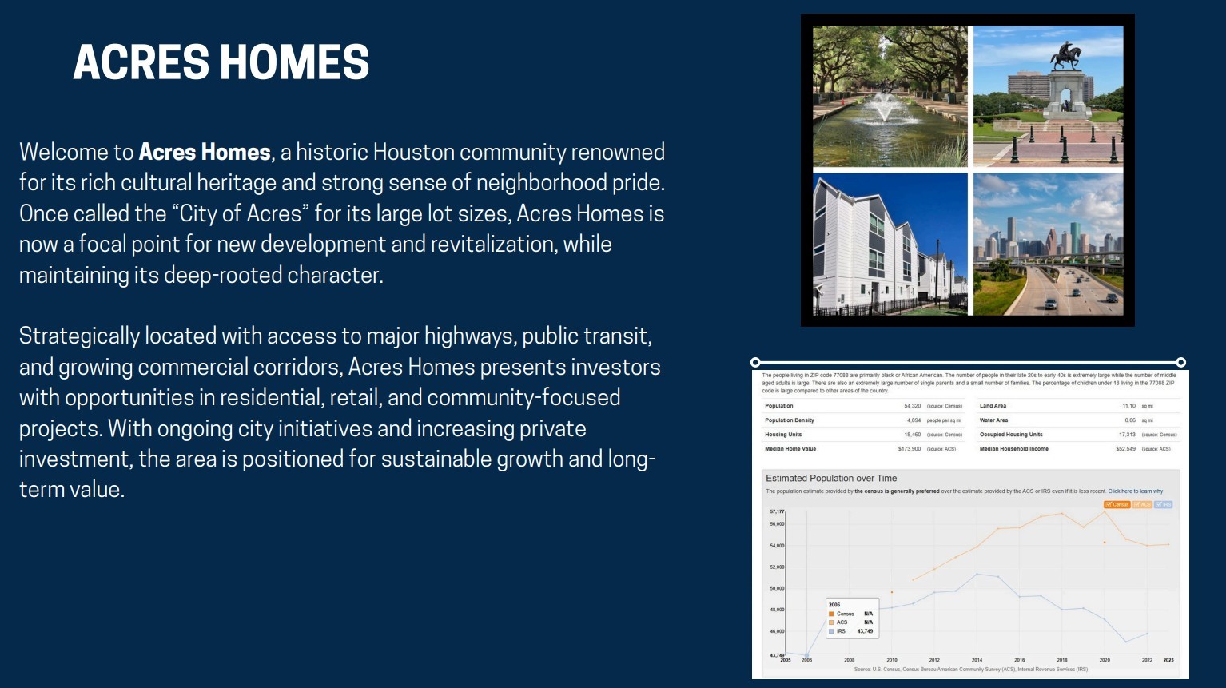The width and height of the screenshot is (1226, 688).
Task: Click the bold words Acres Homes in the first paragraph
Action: [x=205, y=152]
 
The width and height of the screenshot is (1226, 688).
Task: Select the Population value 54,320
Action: [x=912, y=406]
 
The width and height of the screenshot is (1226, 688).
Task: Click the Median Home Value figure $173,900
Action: [x=909, y=449]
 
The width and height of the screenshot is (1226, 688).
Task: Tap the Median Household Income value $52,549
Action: [x=1125, y=449]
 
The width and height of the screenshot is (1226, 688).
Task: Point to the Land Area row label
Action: [x=993, y=406]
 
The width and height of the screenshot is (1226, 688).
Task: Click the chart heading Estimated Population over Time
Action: [x=831, y=479]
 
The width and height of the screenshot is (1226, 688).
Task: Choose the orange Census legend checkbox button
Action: [x=1117, y=504]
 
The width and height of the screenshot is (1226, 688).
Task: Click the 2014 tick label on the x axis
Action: [x=977, y=660]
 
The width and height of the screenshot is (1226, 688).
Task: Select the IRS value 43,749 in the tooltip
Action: [x=865, y=631]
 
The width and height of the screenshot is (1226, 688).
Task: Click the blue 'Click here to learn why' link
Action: [x=1135, y=491]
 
